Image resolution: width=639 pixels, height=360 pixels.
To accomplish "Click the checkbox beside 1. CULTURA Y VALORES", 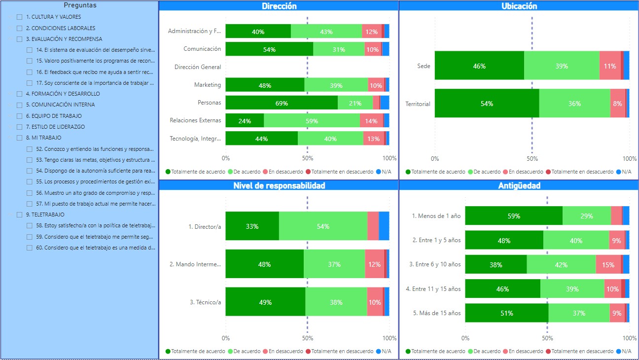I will pyautogui.click(x=20, y=17).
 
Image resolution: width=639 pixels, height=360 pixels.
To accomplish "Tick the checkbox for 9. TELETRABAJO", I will pyautogui.click(x=20, y=215).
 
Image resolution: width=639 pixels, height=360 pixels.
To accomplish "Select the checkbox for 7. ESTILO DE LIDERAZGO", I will pyautogui.click(x=20, y=127).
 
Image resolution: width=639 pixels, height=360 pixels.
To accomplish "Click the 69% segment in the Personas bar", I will pyautogui.click(x=282, y=103).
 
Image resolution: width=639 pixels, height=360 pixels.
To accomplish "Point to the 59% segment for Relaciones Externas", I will pyautogui.click(x=312, y=121).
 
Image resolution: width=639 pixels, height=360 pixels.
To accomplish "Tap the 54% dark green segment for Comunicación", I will pyautogui.click(x=269, y=49).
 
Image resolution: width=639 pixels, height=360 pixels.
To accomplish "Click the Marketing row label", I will pyautogui.click(x=208, y=85).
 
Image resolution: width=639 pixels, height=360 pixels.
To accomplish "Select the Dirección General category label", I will pyautogui.click(x=198, y=67).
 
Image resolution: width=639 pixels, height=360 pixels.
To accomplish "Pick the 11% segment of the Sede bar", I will pyautogui.click(x=610, y=66).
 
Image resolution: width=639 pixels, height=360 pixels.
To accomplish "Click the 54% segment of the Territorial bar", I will pyautogui.click(x=487, y=104).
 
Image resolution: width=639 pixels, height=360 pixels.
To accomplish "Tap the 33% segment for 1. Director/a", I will pyautogui.click(x=252, y=226).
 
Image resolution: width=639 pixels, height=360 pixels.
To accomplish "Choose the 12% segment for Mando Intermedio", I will pyautogui.click(x=374, y=264).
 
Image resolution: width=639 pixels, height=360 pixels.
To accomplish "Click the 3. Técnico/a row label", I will pyautogui.click(x=206, y=302).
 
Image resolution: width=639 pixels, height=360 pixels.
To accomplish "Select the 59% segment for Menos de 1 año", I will pyautogui.click(x=513, y=216).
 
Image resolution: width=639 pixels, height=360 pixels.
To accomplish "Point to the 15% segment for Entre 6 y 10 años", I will pyautogui.click(x=608, y=265).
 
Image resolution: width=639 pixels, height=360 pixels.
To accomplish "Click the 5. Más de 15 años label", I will pyautogui.click(x=436, y=313).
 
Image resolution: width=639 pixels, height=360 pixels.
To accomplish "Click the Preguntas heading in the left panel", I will pyautogui.click(x=80, y=5).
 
